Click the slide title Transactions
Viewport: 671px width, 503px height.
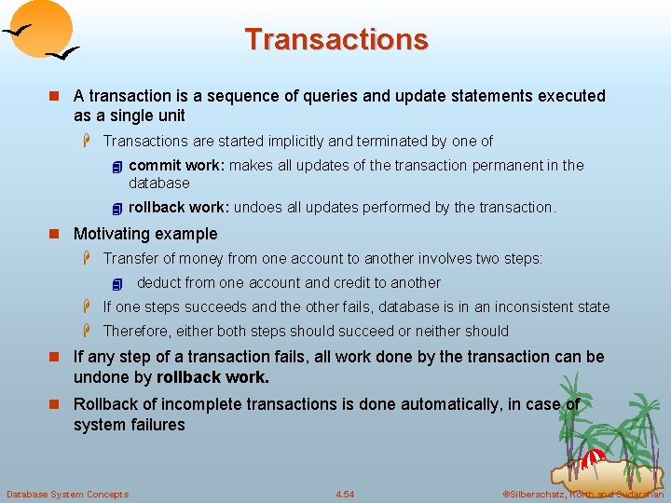coord(335,40)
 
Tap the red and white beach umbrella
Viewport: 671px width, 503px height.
coord(594,458)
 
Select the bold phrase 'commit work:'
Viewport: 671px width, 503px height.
coord(176,166)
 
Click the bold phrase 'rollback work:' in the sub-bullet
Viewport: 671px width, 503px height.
coord(179,208)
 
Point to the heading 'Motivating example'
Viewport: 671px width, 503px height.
coord(145,234)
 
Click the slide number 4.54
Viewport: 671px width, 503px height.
coord(345,494)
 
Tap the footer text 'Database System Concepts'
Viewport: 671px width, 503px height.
coord(67,494)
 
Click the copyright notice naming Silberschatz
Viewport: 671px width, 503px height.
coord(582,494)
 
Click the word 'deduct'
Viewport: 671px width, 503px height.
coord(159,282)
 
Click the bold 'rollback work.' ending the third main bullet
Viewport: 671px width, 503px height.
coord(213,377)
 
